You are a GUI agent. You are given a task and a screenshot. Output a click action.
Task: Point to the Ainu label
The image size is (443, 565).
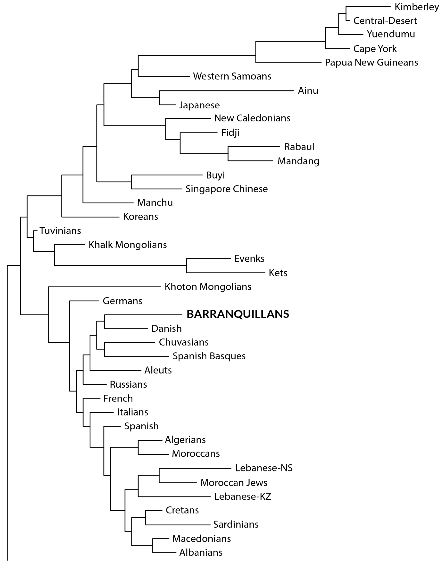pos(308,91)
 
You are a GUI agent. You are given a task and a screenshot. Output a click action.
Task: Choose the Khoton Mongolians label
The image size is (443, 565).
pos(208,287)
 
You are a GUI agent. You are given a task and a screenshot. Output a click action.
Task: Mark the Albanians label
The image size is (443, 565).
pos(201,553)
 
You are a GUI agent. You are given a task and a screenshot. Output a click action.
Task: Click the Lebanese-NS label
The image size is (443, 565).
pos(264,468)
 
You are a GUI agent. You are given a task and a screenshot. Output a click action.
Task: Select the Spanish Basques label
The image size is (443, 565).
pos(209,356)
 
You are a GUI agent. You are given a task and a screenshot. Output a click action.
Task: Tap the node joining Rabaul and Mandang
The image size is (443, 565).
pos(228,154)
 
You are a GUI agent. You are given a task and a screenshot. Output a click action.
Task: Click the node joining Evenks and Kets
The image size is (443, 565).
pos(186,266)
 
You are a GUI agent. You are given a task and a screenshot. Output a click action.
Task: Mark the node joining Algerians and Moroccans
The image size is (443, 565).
pos(138,447)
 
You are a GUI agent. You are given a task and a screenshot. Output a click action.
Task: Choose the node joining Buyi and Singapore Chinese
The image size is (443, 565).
pos(132,182)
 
